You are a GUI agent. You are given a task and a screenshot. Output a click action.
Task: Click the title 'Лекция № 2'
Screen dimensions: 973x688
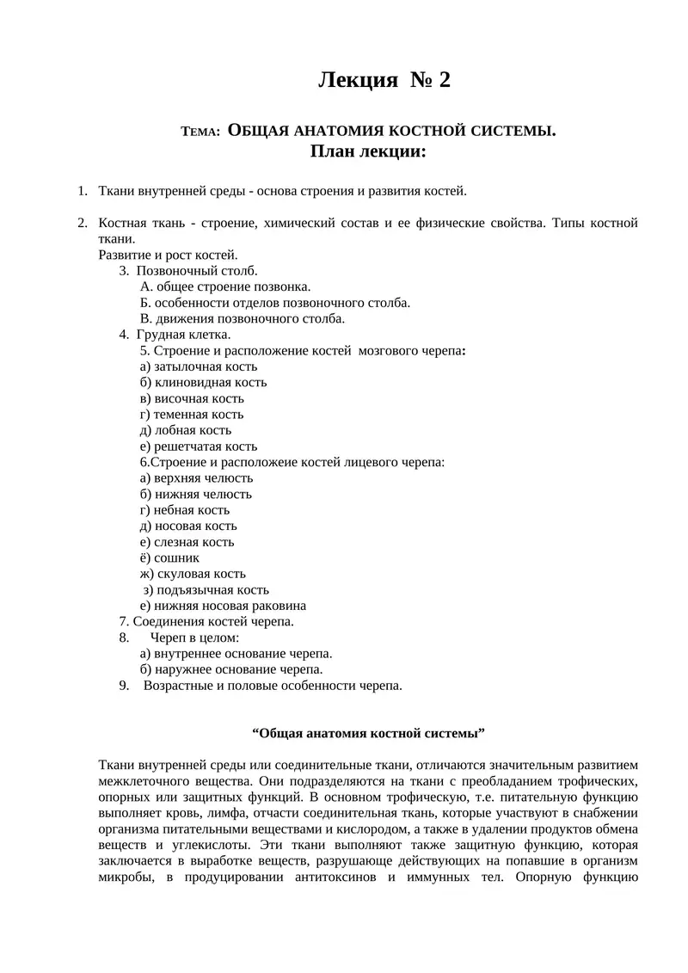coord(384,80)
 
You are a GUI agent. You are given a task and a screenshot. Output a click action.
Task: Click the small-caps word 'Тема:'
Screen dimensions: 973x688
coord(201,132)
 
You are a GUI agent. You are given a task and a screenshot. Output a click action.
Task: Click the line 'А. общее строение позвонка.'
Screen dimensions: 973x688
coord(224,286)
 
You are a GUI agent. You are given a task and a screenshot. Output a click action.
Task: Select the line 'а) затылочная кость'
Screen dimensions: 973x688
coord(198,366)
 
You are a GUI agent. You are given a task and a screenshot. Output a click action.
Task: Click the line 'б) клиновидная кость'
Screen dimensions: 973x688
coord(203,382)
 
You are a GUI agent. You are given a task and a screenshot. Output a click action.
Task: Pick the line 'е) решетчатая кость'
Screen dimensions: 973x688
coord(198,446)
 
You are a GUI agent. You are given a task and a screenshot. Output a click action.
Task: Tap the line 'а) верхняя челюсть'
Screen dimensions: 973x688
coord(196,477)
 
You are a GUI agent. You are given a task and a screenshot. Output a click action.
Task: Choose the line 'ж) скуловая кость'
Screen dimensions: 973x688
coord(193,573)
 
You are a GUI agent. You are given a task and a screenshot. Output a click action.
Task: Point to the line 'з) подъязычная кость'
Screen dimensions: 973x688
coord(206,589)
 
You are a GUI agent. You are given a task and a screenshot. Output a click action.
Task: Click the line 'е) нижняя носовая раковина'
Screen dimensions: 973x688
coord(223,605)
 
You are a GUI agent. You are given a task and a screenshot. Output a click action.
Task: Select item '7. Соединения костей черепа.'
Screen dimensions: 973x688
coord(206,621)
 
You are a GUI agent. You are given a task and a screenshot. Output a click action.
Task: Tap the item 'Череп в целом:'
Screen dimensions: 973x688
coord(194,637)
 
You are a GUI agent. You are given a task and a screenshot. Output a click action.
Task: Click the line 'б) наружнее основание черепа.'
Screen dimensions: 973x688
coord(231,669)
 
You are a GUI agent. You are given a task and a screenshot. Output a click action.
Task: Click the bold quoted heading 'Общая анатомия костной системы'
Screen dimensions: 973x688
coord(369,733)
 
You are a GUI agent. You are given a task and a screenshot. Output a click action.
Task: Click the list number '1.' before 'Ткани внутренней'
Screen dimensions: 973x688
coord(83,191)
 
